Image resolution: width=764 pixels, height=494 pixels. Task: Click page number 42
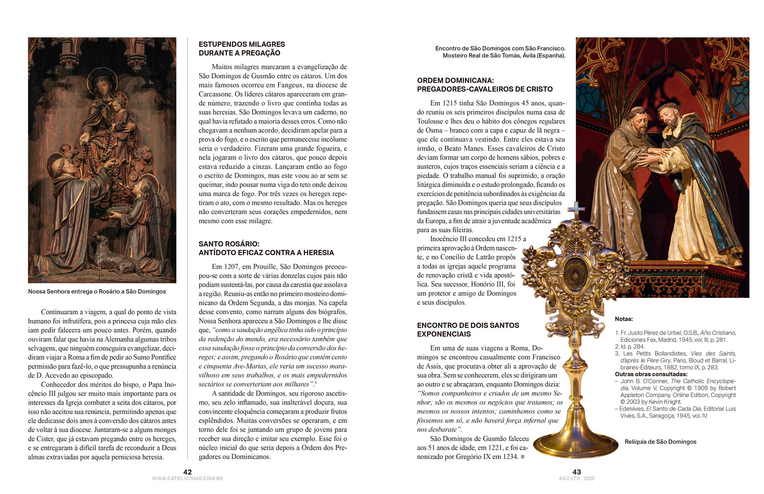[187, 472]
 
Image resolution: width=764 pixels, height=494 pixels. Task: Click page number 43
[577, 472]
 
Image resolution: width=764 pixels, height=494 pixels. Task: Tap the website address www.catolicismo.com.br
[187, 479]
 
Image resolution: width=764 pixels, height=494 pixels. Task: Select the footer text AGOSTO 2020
[577, 479]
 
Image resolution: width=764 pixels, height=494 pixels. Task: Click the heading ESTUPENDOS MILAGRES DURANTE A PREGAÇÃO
[242, 49]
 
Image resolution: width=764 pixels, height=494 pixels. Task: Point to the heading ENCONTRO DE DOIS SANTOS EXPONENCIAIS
[468, 329]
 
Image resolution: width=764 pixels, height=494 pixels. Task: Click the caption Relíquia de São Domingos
[660, 442]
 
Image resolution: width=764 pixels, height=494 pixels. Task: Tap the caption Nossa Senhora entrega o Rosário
[97, 291]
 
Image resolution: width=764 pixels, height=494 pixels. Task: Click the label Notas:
[624, 319]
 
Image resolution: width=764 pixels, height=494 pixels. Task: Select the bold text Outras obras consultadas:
[651, 374]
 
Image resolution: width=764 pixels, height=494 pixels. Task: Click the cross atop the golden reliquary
[576, 210]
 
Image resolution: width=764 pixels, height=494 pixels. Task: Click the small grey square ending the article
[523, 457]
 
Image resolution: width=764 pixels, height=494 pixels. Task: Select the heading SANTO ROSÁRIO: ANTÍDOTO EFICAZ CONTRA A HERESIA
[266, 248]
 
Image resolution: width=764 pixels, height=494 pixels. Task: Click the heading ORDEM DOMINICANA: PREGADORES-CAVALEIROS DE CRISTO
[485, 85]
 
